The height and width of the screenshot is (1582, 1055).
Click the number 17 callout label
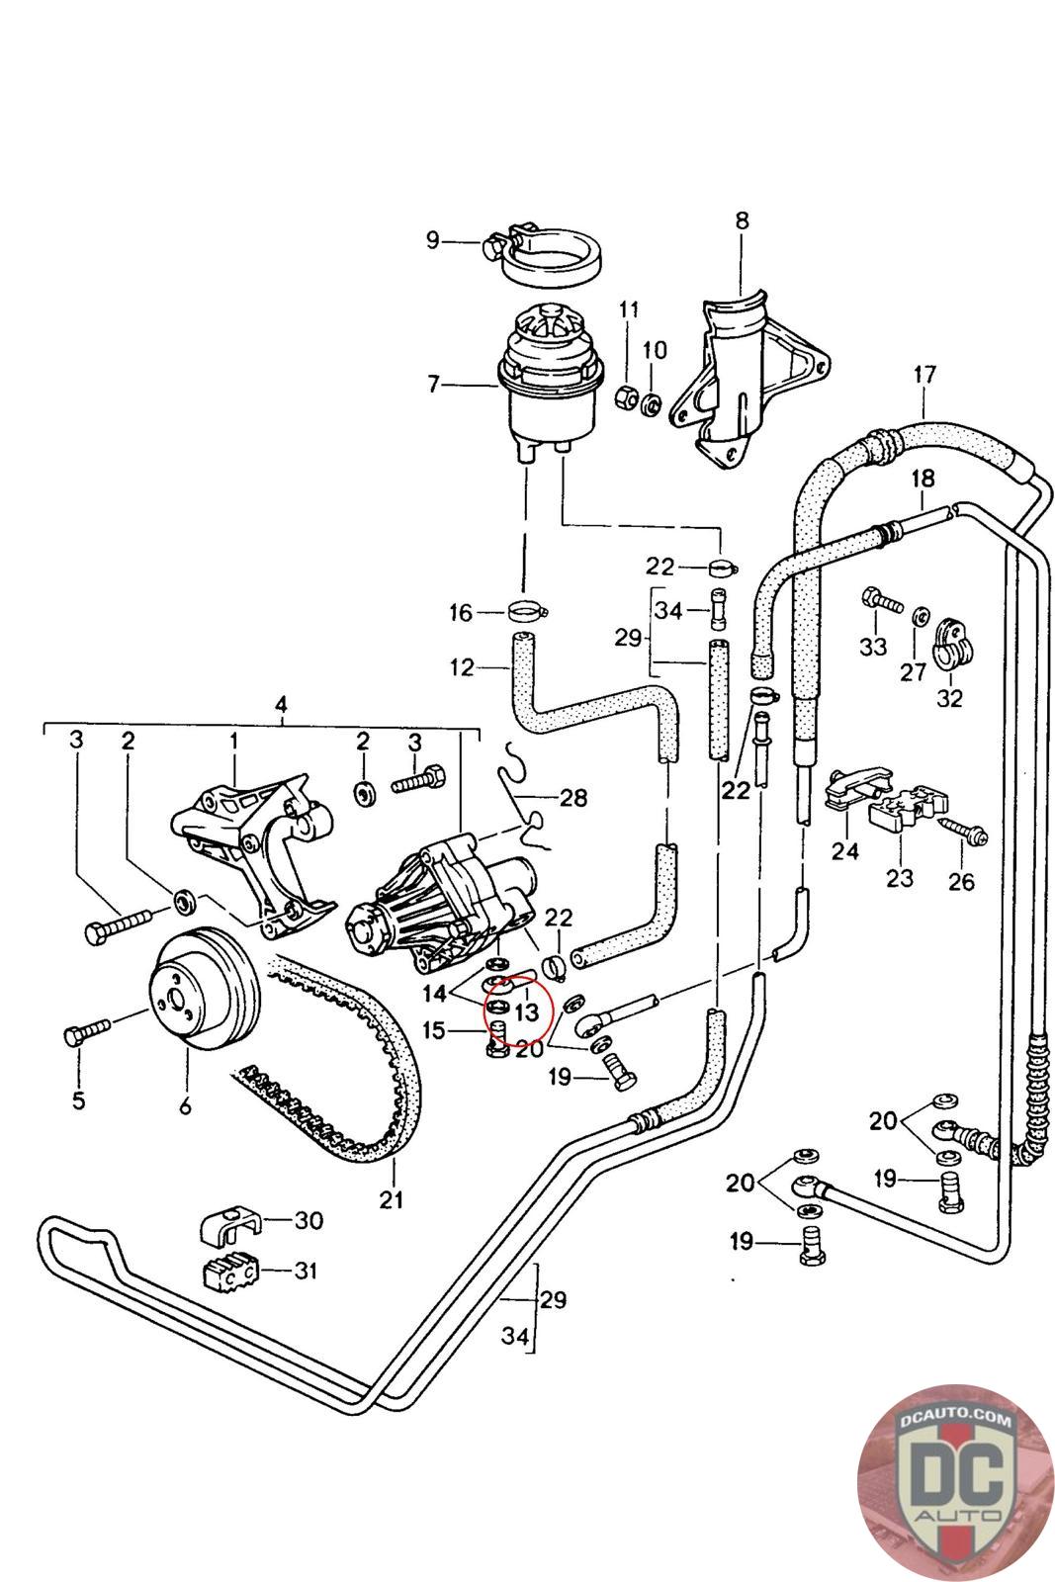click(923, 375)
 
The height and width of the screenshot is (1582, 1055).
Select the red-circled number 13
click(527, 1012)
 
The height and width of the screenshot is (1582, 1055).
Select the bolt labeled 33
click(883, 599)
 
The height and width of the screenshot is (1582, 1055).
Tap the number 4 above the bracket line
click(281, 706)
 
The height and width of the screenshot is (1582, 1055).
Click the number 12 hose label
click(462, 667)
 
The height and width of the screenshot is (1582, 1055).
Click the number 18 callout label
click(923, 479)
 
